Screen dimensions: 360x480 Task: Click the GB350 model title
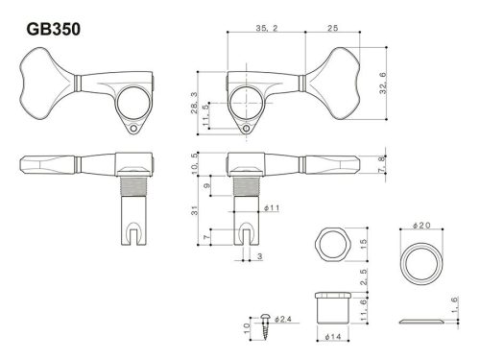pos(48,30)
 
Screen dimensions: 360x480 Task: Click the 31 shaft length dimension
pos(195,210)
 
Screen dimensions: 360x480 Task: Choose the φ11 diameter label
pos(270,207)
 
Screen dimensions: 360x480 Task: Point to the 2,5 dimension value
pos(362,277)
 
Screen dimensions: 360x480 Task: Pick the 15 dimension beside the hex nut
pos(362,244)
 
